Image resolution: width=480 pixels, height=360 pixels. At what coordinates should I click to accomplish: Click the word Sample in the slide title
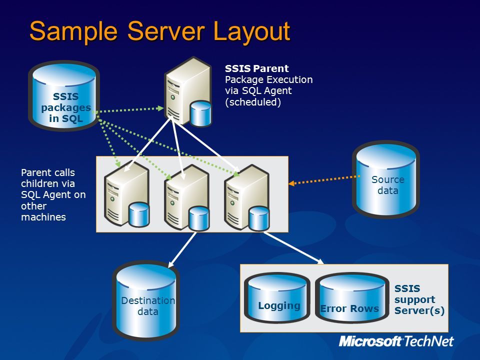pos(73,31)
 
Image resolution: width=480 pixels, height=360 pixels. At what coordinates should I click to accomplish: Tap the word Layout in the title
pos(251,31)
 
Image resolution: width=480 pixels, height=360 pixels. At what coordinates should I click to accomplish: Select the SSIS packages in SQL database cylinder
pos(64,95)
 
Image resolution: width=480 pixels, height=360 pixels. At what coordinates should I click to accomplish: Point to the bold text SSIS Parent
pos(257,68)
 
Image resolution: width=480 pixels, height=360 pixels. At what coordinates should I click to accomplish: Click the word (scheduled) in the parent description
pos(253,102)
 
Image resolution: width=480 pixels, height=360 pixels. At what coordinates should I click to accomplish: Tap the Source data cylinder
pos(385,179)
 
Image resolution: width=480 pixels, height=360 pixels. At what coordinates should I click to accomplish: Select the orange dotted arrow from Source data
pos(324,179)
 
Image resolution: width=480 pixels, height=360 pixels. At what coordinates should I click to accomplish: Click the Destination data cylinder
pos(146,300)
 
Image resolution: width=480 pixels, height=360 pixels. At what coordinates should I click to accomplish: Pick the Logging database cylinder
pos(277,297)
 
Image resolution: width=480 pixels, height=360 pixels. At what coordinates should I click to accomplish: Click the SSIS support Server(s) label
pos(419,299)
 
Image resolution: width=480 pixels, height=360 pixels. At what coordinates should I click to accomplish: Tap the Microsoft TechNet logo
pos(396,341)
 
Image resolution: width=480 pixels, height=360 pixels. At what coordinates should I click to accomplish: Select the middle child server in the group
pos(186,198)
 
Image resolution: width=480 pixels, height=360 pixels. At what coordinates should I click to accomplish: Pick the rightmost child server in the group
pos(246,198)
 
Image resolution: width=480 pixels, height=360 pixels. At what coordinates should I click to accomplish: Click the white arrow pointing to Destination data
pos(182,249)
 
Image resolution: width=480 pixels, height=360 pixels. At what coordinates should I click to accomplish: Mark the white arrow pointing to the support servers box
pos(293,247)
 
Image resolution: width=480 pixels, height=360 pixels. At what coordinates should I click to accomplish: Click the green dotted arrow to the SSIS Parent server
pos(128,109)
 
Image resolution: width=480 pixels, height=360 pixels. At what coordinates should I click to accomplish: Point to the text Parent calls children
pos(48,178)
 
